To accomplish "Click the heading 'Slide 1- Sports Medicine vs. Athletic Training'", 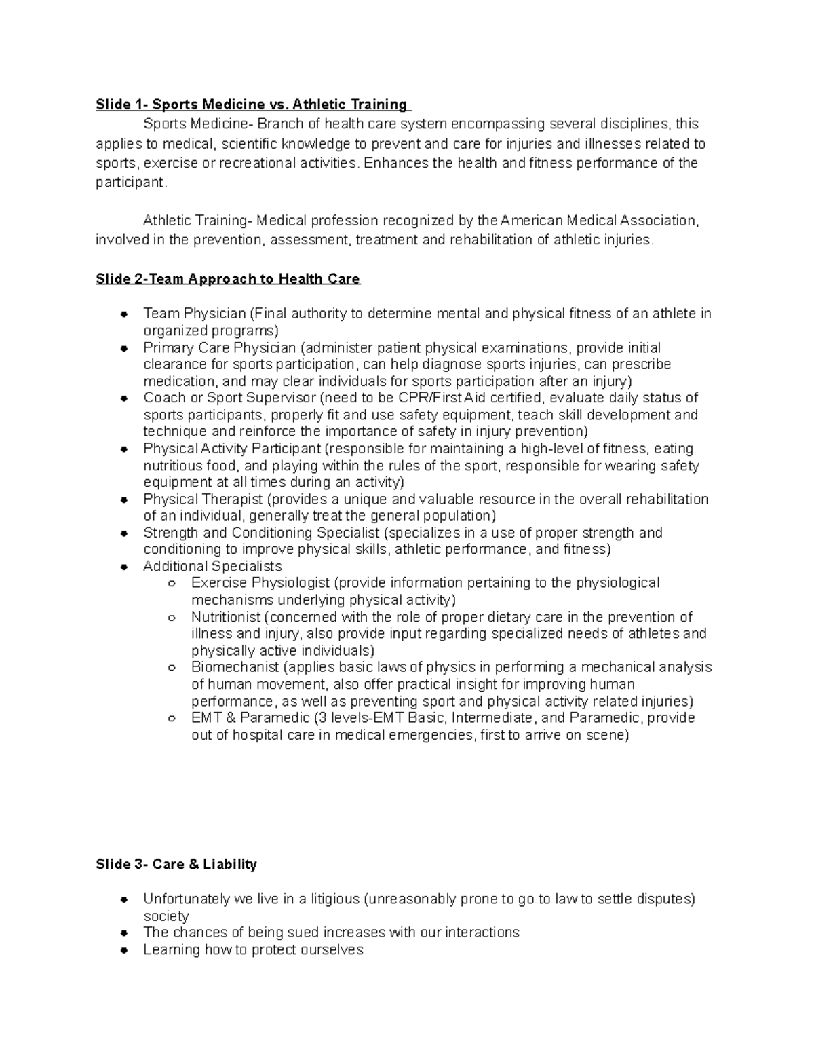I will click(x=252, y=105).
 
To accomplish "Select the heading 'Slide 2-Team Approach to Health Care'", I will click(x=228, y=279).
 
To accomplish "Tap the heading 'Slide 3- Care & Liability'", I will click(x=176, y=864).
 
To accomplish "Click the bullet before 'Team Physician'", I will click(x=124, y=314).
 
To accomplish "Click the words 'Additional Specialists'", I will click(x=212, y=566).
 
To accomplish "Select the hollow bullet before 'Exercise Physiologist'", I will click(x=172, y=584).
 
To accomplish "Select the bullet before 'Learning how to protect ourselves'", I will click(x=124, y=950).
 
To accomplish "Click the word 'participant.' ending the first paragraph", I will click(x=130, y=183).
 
